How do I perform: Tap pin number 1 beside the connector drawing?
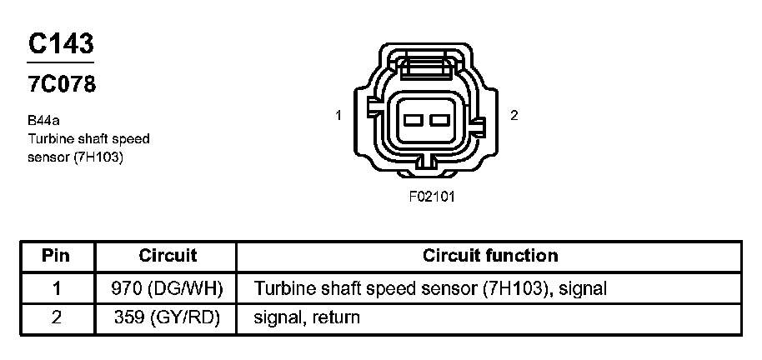pos(338,116)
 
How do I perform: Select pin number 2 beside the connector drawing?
pos(514,116)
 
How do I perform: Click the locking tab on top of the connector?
pos(426,63)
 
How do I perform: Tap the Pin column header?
pos(56,256)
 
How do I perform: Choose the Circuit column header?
pos(168,256)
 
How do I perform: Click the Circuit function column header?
pos(490,256)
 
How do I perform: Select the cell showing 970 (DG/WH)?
pos(167,288)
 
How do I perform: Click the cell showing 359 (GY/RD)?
pos(167,318)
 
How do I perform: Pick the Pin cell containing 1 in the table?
pos(56,288)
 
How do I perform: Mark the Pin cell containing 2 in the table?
pos(56,318)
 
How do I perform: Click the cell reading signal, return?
pos(307,318)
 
